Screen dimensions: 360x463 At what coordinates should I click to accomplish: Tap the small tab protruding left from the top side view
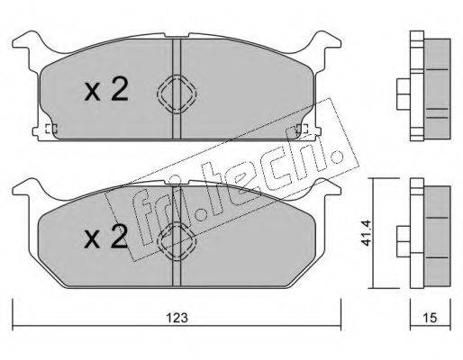403,88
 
